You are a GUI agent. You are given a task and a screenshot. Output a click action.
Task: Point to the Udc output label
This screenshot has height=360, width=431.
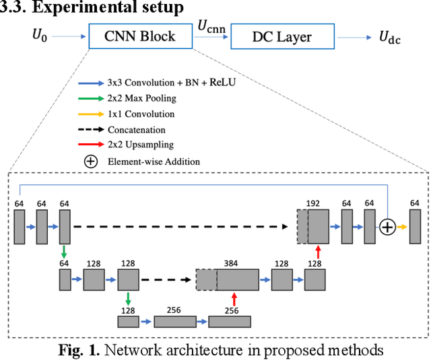389,38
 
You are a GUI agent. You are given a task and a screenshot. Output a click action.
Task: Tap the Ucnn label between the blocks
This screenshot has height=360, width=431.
211,28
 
